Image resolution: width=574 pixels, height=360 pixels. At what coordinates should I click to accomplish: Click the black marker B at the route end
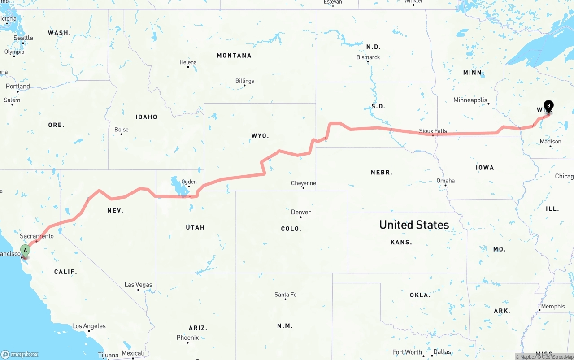pos(548,106)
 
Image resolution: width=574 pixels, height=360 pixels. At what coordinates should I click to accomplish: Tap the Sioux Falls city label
pos(433,131)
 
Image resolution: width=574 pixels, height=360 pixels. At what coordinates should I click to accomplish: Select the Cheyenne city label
pos(304,183)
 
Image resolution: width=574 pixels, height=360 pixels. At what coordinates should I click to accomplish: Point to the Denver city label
pos(301,212)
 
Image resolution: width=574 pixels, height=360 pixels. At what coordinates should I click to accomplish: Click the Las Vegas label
pos(138,285)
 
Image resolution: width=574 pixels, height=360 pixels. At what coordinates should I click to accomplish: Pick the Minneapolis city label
pos(470,100)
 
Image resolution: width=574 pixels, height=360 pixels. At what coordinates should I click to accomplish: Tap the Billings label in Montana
pos(245,81)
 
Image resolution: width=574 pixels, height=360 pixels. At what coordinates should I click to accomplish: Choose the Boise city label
pos(122,130)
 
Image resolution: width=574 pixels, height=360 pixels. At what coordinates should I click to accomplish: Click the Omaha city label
pos(445,181)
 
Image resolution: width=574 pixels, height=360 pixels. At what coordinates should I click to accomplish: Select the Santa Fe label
pos(285,295)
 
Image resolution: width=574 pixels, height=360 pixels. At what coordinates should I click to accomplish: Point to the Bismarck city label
pos(368,57)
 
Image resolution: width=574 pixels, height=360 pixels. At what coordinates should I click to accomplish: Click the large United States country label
pos(414,225)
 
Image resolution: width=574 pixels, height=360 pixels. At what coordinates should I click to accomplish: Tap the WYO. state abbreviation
pos(260,135)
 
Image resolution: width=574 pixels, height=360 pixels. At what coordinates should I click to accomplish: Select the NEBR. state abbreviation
pos(382,172)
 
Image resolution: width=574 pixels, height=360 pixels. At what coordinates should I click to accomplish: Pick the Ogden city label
pos(189,182)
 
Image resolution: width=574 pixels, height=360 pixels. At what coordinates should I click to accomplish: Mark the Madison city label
pos(550,141)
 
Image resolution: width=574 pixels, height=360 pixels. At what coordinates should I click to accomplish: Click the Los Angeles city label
pos(89,326)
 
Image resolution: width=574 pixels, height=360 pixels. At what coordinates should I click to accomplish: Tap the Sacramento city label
pos(37,236)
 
